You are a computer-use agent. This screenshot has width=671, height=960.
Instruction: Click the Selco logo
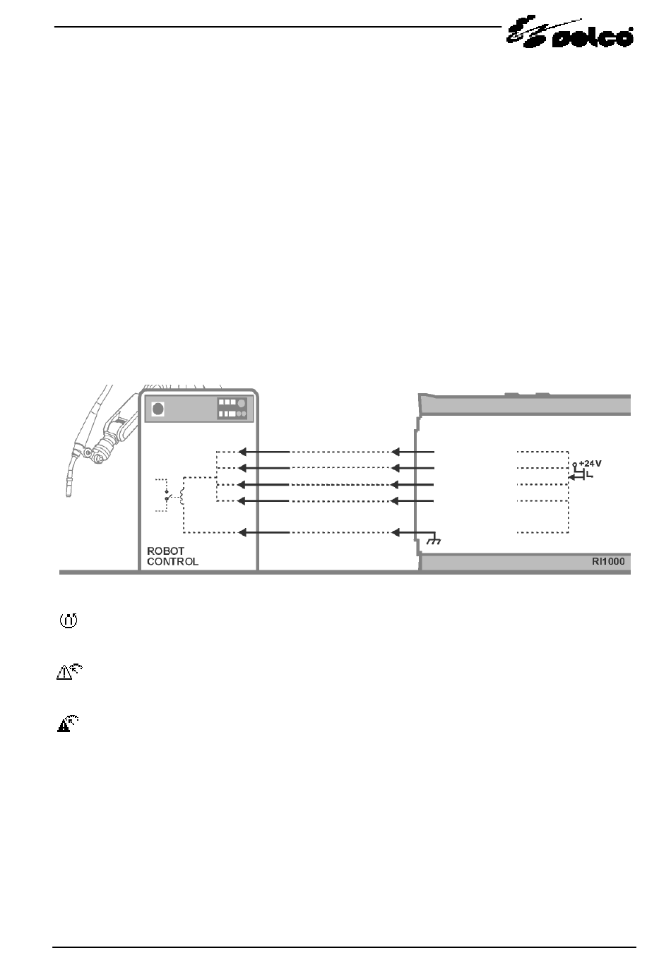click(569, 32)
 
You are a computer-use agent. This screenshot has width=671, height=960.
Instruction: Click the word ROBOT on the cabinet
click(165, 551)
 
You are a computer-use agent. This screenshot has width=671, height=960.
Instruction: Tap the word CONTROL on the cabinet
click(172, 561)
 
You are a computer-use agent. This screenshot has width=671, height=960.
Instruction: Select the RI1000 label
click(608, 561)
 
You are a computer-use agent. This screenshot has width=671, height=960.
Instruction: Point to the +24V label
click(590, 463)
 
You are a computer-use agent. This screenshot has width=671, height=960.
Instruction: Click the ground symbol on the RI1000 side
click(434, 541)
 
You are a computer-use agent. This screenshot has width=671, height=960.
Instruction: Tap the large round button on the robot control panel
click(158, 409)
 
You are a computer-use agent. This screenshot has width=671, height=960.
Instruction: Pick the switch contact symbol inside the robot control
click(167, 496)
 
